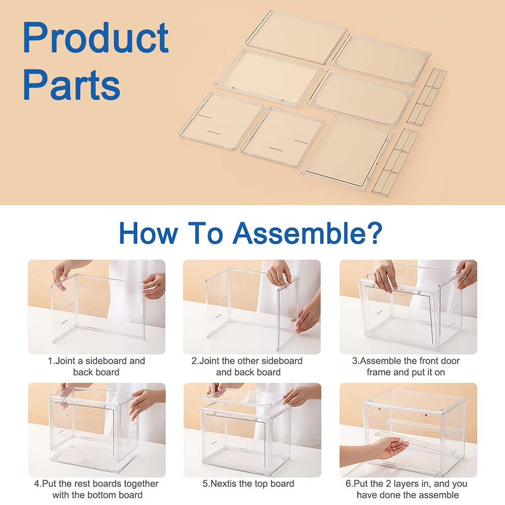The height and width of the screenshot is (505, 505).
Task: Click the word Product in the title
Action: click(95, 38)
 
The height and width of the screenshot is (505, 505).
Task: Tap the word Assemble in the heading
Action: click(307, 232)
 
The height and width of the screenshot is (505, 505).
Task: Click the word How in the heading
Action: click(147, 232)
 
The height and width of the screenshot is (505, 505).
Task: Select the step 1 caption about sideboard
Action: click(96, 367)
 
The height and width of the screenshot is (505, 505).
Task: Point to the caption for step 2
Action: click(248, 367)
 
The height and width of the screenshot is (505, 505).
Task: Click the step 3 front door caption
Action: click(406, 367)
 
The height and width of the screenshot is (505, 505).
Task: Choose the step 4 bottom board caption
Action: click(96, 489)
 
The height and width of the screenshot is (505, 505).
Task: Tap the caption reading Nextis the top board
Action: click(248, 484)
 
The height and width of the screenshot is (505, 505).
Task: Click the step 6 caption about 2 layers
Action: click(407, 489)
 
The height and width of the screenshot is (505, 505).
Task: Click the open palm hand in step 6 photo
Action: click(390, 447)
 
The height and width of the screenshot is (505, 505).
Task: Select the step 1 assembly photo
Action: click(96, 307)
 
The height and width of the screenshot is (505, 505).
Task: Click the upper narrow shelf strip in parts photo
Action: click(427, 96)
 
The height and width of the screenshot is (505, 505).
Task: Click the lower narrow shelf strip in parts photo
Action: click(395, 162)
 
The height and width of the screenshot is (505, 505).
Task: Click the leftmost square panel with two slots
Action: click(221, 121)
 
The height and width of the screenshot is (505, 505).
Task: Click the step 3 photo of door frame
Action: click(408, 307)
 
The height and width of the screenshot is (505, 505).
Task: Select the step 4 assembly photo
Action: click(96, 430)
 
